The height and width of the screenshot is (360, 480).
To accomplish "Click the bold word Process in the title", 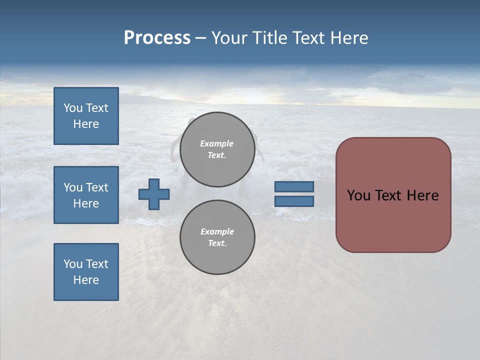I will [x=157, y=38].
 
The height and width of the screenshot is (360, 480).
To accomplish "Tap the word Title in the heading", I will [x=269, y=38].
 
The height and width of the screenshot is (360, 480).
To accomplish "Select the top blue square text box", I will [x=86, y=116].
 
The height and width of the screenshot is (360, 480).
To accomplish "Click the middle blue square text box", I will [x=86, y=195].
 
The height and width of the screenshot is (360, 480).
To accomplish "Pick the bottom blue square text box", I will [x=86, y=272].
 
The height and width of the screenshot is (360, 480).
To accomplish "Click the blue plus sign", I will [x=154, y=194].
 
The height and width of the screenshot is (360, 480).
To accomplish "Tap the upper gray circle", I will [x=217, y=149].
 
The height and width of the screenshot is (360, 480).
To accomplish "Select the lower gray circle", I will [x=217, y=237].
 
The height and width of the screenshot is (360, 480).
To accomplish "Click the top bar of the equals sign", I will [x=294, y=187].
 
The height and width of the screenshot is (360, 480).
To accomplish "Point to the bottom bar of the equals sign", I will [x=294, y=201].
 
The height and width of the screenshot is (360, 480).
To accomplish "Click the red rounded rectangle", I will [x=393, y=220].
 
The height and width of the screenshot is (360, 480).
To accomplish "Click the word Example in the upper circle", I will [x=216, y=143].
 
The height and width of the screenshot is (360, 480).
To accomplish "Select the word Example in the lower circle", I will [x=217, y=231].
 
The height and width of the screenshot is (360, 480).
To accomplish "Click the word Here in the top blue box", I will [x=86, y=124].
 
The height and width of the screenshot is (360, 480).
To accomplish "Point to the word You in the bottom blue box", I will [x=73, y=264].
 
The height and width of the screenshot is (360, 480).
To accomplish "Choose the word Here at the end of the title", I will [x=348, y=38].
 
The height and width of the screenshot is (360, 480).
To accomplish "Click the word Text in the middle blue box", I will [x=97, y=187].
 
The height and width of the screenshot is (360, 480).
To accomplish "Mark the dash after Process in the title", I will [x=201, y=38].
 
